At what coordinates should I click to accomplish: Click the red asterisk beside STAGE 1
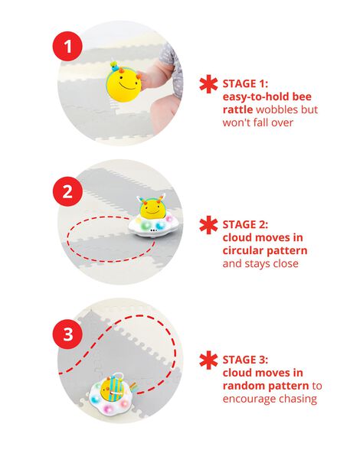(207, 83)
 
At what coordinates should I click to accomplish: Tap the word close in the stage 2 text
(283, 264)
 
